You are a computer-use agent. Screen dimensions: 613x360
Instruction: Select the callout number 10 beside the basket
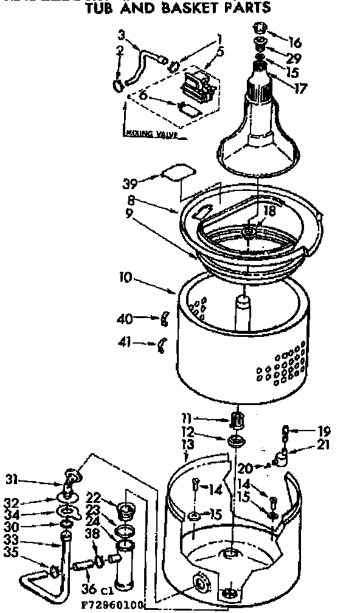pyautogui.click(x=126, y=278)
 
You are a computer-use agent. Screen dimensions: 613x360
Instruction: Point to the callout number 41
pyautogui.click(x=125, y=344)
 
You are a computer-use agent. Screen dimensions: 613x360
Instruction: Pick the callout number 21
pyautogui.click(x=323, y=445)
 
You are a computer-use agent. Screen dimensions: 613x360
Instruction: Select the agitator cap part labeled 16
pyautogui.click(x=261, y=29)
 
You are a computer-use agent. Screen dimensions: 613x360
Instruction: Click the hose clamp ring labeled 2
pyautogui.click(x=117, y=86)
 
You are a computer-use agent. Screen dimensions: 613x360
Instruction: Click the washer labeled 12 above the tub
pyautogui.click(x=236, y=440)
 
